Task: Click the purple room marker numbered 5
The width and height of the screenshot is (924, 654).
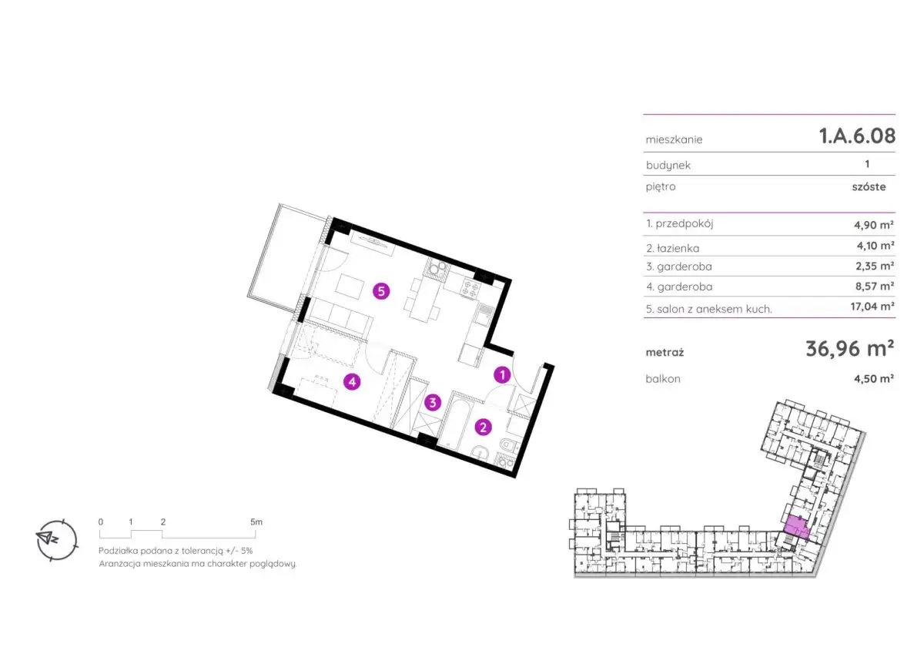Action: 381,291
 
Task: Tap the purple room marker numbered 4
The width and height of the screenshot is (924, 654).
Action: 352,382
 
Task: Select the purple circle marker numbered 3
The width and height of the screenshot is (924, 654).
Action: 433,402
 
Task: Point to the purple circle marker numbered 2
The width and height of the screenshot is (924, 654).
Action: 483,428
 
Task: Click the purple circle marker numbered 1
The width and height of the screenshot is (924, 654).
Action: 502,375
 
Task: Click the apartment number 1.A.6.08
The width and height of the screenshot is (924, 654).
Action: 857,136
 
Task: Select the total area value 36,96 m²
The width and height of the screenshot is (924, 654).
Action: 850,349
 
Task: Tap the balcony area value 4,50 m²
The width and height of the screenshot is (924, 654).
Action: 874,378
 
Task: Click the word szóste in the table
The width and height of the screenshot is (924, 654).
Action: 869,187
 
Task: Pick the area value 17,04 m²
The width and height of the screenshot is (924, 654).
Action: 872,306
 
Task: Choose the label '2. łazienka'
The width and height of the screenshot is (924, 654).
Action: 672,248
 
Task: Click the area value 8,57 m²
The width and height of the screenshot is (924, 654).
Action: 875,286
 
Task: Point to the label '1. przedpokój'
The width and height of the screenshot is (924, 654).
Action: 679,224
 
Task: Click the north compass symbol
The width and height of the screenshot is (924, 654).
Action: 56,540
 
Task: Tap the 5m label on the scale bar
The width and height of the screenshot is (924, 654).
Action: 256,522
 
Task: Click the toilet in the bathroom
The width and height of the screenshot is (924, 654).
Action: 507,445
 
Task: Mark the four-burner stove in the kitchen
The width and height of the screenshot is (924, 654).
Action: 470,287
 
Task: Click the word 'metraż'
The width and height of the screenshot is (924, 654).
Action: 665,352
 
